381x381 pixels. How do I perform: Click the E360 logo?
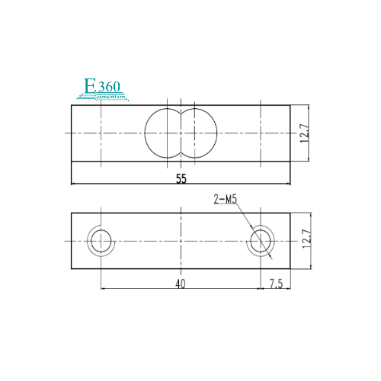coord(103,90)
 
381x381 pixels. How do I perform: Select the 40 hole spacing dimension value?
coord(181,283)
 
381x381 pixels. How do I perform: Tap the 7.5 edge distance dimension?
coord(275,283)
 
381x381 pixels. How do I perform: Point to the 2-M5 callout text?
coord(226,200)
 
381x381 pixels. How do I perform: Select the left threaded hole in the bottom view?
coord(101,241)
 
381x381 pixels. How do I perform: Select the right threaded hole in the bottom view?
coord(261,241)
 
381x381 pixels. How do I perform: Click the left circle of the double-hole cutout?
coord(162,134)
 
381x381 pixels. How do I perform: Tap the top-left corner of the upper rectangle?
coord(72,105)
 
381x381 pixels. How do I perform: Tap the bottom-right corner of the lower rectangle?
coord(290,268)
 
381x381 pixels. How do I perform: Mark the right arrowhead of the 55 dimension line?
coord(288,184)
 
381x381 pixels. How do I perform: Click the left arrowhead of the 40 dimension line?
coord(103,289)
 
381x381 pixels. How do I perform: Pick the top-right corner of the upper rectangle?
coord(290,105)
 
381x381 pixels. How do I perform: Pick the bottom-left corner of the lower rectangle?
coord(72,268)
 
